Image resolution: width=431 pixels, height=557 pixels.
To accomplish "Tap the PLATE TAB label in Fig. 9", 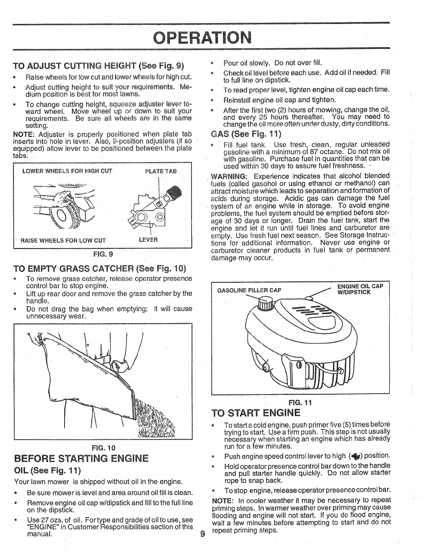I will pos(160,171).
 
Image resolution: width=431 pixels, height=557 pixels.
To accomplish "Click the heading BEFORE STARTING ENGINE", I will pos(81,458).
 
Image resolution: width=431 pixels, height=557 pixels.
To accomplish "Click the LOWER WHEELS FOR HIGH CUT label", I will pos(67,171).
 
